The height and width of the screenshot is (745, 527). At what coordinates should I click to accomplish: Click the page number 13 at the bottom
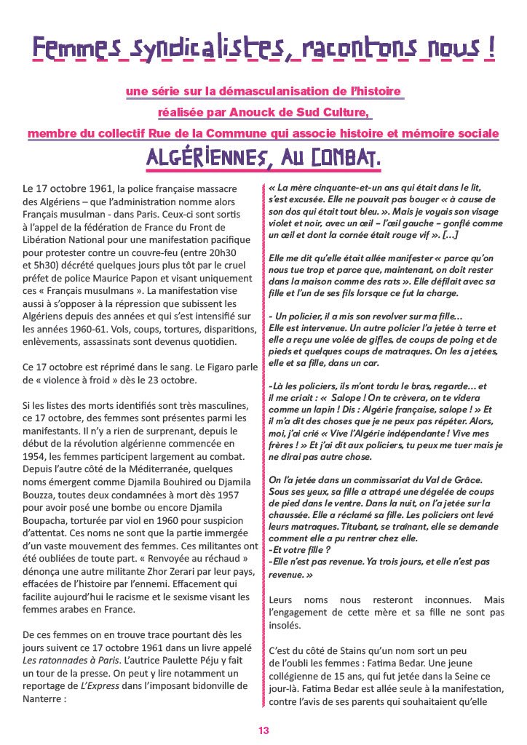pos(263,730)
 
